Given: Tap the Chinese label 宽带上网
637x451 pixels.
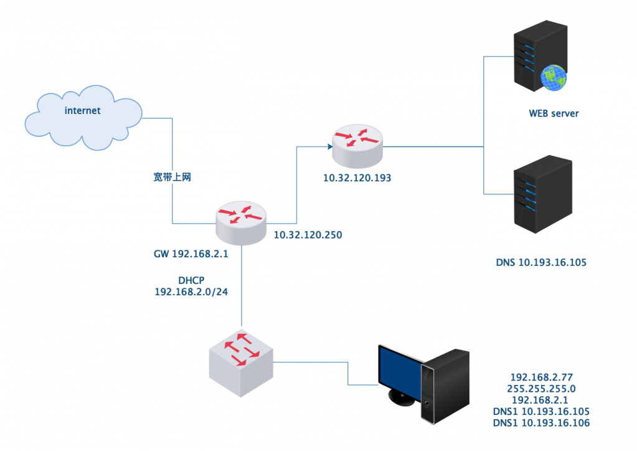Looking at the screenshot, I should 172,178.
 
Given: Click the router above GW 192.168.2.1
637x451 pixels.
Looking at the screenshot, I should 242,223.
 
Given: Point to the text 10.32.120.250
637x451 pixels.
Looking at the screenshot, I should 308,235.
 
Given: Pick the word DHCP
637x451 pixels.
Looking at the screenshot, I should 191,281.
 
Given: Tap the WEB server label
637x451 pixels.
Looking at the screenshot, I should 554,113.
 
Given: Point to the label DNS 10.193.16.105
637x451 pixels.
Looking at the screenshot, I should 541,263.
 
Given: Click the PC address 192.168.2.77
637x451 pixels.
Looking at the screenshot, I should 540,377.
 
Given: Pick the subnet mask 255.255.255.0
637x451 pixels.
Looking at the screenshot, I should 540,389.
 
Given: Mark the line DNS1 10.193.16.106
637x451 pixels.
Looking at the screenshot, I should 540,423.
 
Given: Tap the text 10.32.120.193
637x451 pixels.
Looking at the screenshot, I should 357,178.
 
